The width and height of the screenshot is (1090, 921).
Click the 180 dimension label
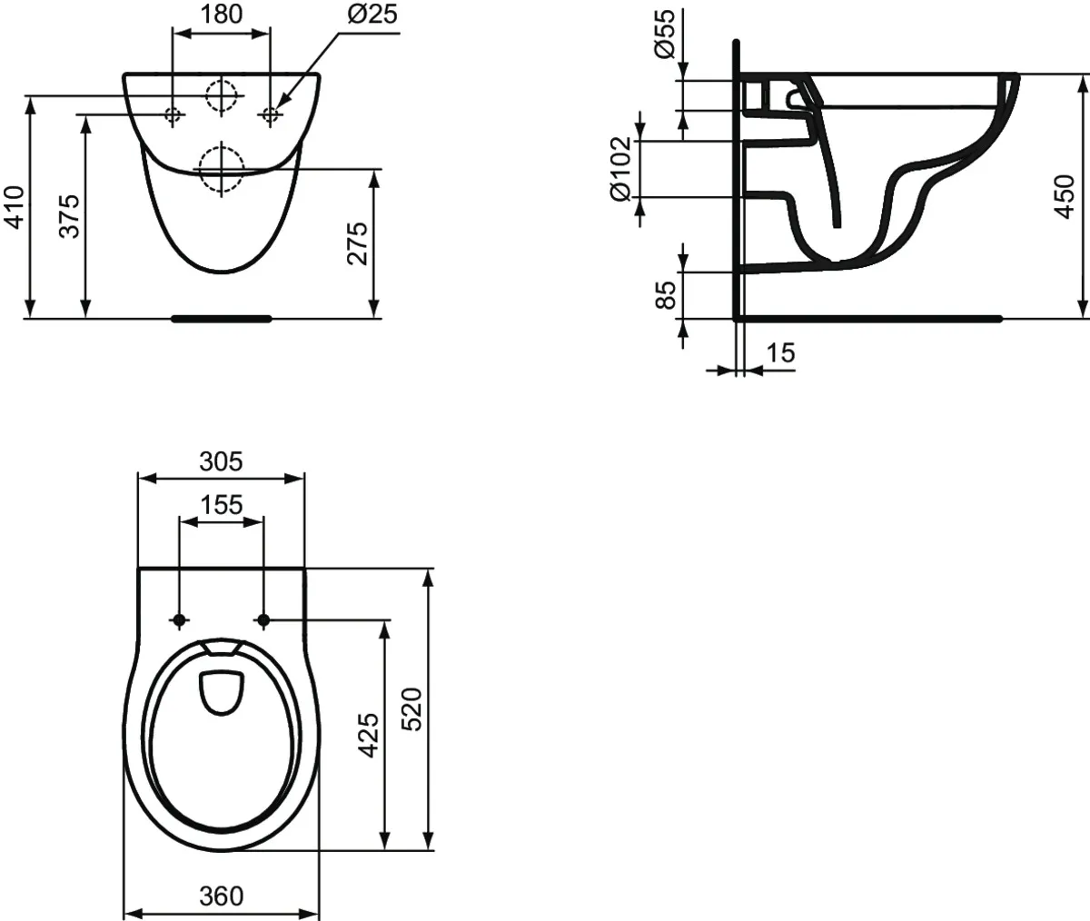pyautogui.click(x=222, y=15)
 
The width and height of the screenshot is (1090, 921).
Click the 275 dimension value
pyautogui.click(x=358, y=243)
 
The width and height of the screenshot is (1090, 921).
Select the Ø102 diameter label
pyautogui.click(x=620, y=169)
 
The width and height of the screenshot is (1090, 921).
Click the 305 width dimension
pyautogui.click(x=221, y=461)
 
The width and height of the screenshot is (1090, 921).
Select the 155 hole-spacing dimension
pyautogui.click(x=221, y=505)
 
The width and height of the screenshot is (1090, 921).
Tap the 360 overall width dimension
pyautogui.click(x=221, y=896)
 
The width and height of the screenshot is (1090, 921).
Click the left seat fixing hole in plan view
pyautogui.click(x=179, y=620)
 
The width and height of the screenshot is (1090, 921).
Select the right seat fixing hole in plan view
pyautogui.click(x=264, y=620)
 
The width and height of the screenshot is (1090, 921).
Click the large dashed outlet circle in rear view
pyautogui.click(x=220, y=169)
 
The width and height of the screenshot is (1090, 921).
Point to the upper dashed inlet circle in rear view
pyautogui.click(x=221, y=95)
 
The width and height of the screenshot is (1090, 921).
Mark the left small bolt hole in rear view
pyautogui.click(x=173, y=114)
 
